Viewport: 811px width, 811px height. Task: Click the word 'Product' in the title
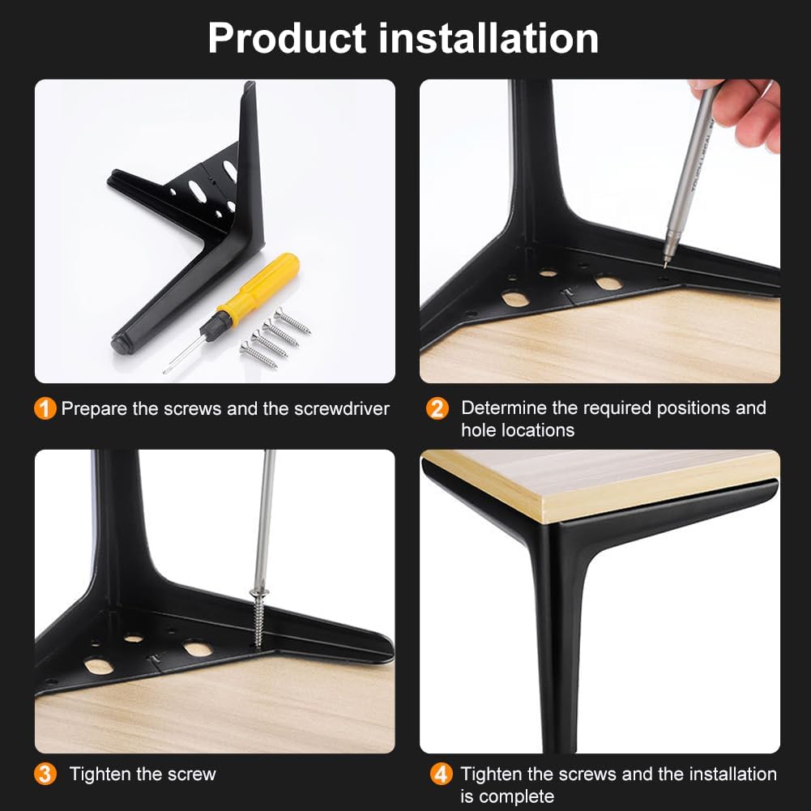tap(287, 39)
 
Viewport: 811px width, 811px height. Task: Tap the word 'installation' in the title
tap(489, 38)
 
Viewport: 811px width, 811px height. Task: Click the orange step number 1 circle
tap(45, 408)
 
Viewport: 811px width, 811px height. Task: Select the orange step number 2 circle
tap(438, 408)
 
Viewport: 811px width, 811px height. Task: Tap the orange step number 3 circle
tap(45, 775)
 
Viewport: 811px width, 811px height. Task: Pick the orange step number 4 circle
tap(442, 775)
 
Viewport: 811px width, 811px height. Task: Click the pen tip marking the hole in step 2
tap(664, 266)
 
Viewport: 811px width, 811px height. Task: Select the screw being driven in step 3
tap(258, 617)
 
